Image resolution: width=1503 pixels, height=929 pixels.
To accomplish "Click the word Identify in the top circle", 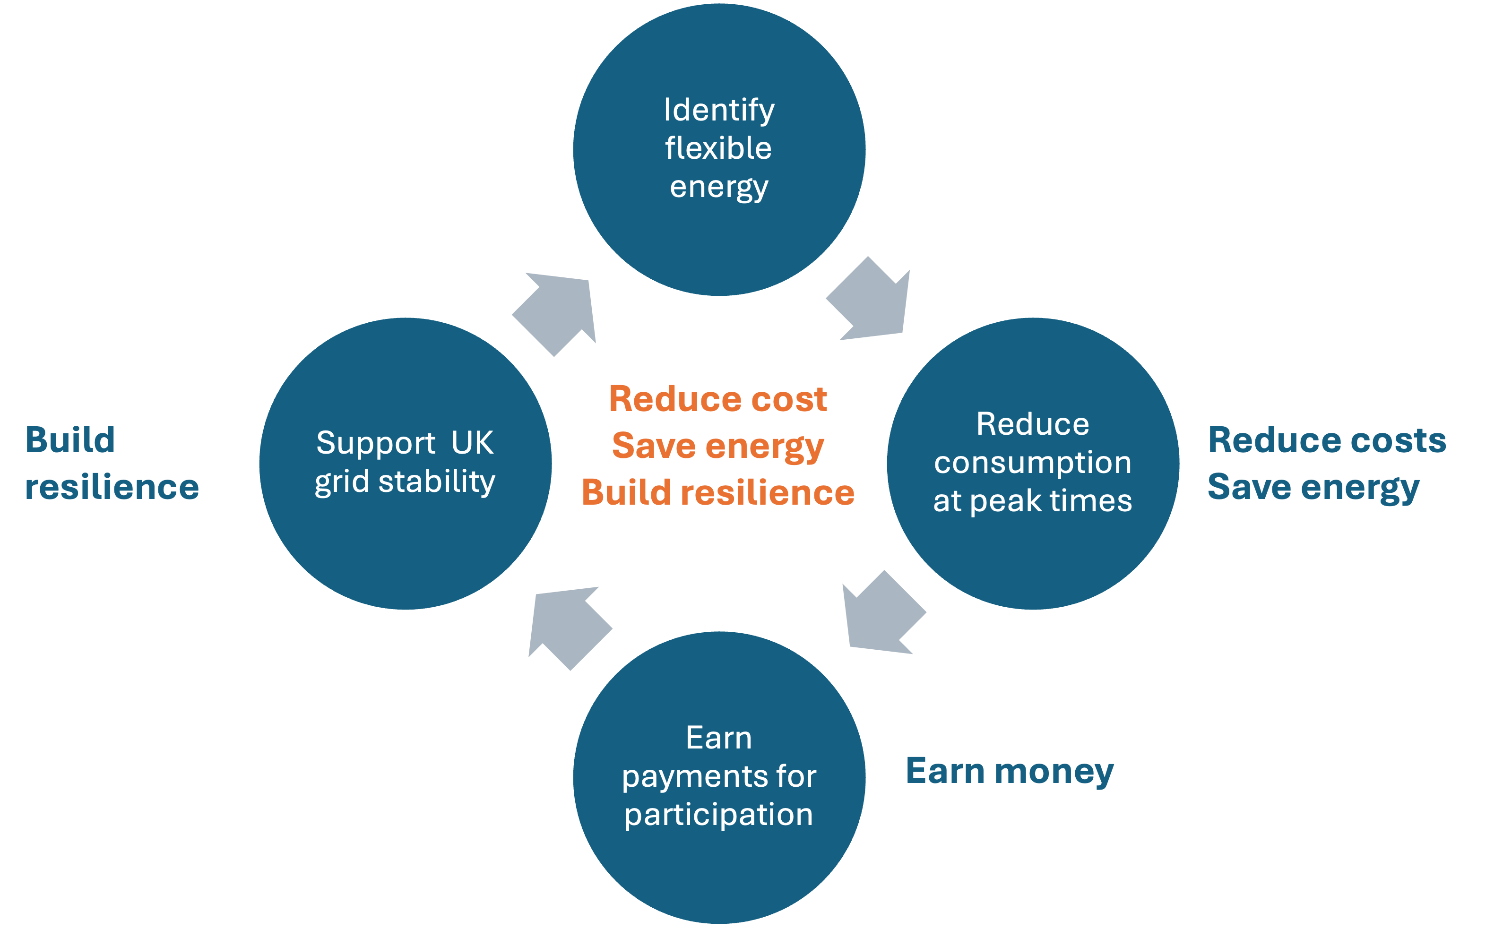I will tap(719, 111).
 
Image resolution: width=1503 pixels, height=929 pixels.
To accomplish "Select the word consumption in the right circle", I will tap(1033, 463).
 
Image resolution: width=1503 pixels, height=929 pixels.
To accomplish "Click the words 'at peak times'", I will tap(1033, 501).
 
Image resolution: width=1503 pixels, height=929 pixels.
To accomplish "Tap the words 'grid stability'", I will tap(405, 482).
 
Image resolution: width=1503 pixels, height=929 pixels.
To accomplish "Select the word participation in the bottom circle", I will tap(719, 815).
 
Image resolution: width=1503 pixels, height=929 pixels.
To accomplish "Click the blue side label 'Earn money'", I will tap(1010, 771).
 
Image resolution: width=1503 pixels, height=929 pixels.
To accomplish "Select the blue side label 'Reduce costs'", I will tap(1327, 440).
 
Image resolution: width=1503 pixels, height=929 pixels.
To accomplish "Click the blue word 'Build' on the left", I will tap(70, 440).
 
